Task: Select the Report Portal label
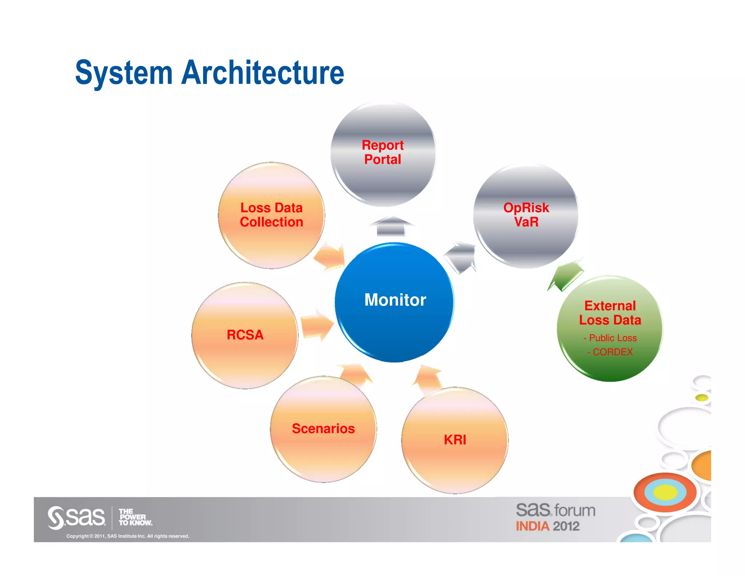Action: point(383,152)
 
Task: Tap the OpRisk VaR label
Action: point(526,214)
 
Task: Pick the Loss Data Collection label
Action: point(271,215)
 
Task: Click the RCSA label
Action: point(245,335)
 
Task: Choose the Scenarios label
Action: point(323,429)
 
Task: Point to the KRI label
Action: point(455,440)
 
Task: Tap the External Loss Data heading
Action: point(610,313)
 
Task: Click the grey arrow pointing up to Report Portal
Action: point(391,226)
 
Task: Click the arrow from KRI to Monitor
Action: point(428,380)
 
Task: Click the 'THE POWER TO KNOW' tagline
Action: point(135,517)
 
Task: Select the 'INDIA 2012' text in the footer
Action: point(547,526)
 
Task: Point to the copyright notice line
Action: point(128,536)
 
